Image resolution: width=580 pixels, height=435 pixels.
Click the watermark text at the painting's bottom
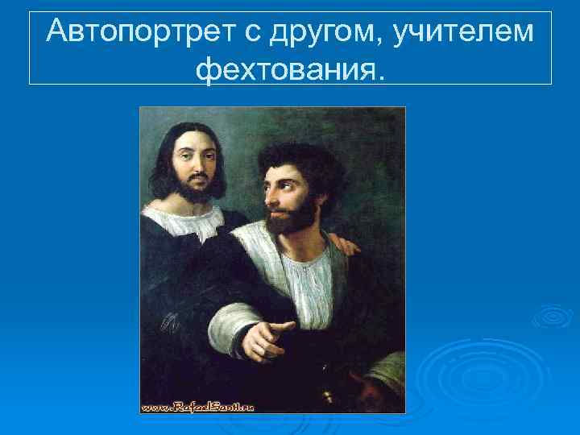coord(197,406)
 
